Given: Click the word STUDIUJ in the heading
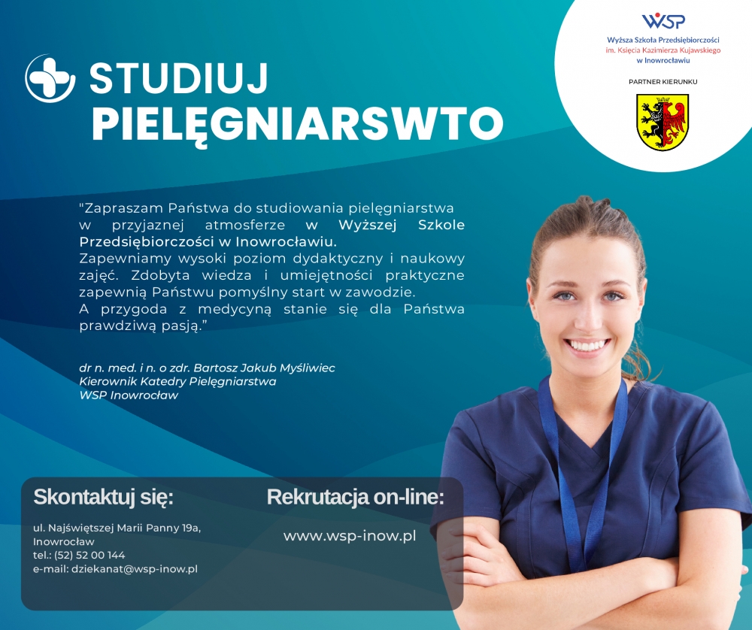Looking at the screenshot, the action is [178, 78].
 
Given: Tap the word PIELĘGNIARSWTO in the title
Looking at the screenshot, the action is [297, 124].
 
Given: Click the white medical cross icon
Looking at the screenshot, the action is [50, 78].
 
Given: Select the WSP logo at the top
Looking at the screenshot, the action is [663, 20].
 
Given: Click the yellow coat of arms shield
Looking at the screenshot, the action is [663, 123].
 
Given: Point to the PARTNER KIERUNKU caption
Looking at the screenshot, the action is [663, 81].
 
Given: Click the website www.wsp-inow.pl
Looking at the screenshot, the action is [350, 536].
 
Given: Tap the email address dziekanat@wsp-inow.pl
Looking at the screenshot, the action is [135, 569].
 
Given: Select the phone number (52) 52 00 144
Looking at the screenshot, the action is [89, 556].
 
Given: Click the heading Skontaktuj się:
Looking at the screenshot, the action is [103, 497].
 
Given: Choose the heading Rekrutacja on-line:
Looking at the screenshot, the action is [356, 497].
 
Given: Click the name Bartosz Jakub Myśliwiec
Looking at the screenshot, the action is [264, 368].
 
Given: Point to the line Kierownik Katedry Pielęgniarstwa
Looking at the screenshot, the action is [177, 382].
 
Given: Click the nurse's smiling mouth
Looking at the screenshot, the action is [587, 345].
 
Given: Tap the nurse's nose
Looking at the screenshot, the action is [589, 317].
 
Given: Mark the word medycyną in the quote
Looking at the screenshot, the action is [235, 309].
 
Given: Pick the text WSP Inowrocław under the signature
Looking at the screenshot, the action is [129, 395].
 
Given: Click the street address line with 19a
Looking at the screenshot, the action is [117, 528].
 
